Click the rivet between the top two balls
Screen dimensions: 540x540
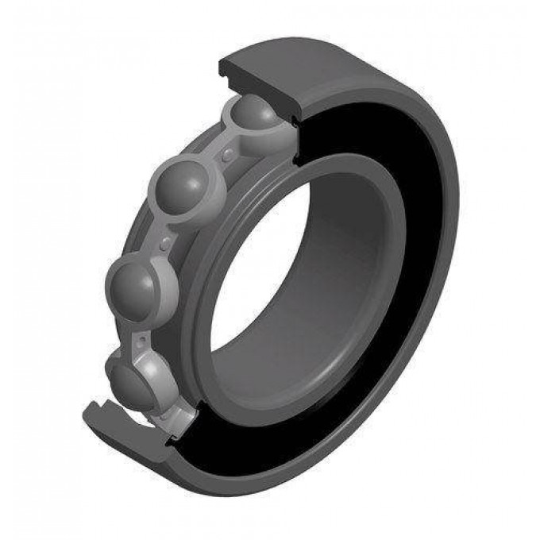pos(229,151)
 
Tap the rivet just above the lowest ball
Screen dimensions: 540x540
pos(141,340)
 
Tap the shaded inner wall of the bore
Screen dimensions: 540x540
pos(349,262)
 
